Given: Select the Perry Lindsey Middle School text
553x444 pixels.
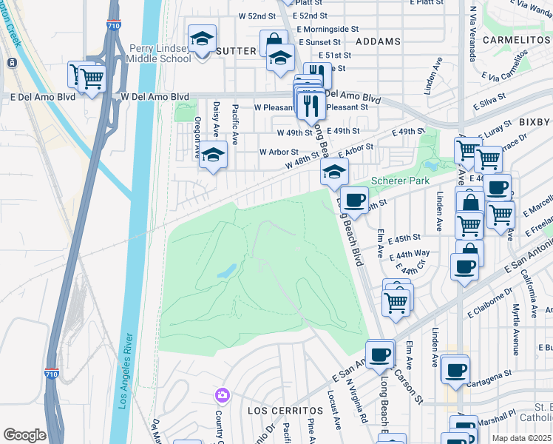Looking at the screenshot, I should coord(160,53).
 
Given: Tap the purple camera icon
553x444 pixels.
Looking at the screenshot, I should coord(221,395).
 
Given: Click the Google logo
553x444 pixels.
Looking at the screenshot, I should coord(24,435).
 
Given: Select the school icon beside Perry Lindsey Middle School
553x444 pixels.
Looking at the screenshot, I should coord(201,39).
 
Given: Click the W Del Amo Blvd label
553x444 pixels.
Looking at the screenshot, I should coord(155,97).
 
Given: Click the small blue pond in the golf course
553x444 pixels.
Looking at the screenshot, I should coord(226,272).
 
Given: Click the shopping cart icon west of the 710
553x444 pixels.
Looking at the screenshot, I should coord(91,78).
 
